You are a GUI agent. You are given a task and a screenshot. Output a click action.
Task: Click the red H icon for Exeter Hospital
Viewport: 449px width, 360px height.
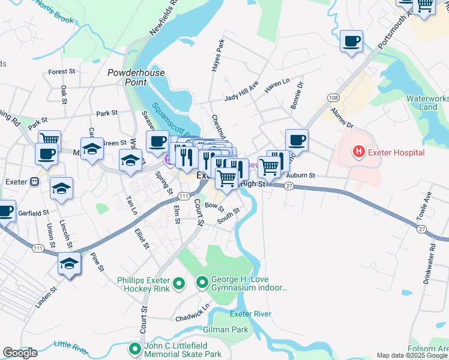pyautogui.click(x=359, y=152)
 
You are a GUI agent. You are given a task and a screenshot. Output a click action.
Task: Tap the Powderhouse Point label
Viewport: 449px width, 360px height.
pyautogui.click(x=135, y=77)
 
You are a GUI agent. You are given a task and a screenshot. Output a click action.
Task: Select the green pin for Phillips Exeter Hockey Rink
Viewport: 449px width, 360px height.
pyautogui.click(x=178, y=283)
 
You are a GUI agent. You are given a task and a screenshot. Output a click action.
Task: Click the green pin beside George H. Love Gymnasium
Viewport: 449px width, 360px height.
pyautogui.click(x=202, y=281)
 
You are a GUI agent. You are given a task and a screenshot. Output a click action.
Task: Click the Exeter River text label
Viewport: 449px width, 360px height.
pyautogui.click(x=251, y=314)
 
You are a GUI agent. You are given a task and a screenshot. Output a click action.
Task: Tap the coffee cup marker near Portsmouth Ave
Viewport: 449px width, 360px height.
pyautogui.click(x=352, y=42)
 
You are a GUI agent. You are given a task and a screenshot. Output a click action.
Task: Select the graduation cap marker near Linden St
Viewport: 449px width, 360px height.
pyautogui.click(x=70, y=263)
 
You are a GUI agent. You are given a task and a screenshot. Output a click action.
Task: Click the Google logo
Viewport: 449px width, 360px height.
pyautogui.click(x=20, y=353)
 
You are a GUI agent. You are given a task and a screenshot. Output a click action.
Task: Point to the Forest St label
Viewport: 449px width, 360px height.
pyautogui.click(x=61, y=71)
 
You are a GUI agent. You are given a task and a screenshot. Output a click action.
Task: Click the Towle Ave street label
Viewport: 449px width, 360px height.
pyautogui.click(x=427, y=205)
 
